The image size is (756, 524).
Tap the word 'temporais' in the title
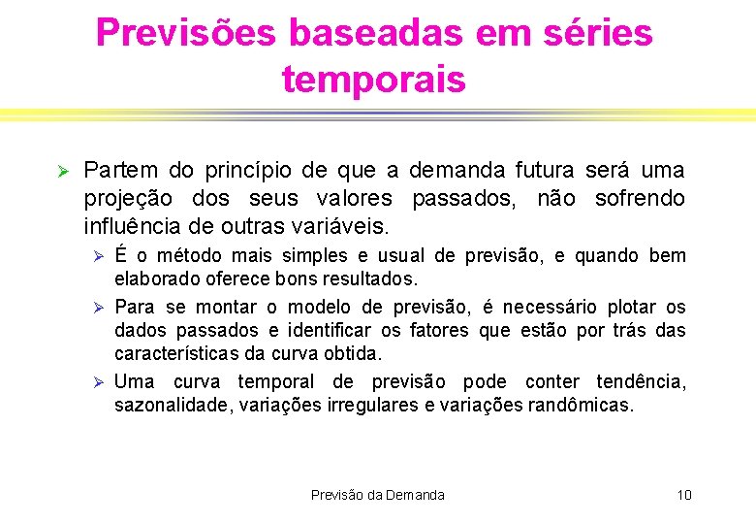click(374, 79)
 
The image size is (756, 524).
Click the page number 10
click(684, 495)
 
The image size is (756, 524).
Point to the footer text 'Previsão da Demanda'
click(378, 495)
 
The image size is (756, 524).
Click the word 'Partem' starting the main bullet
click(121, 171)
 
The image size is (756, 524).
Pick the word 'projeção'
click(128, 200)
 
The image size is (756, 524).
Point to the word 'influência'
click(132, 227)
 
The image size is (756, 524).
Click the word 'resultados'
click(373, 279)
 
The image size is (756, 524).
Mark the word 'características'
click(177, 354)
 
